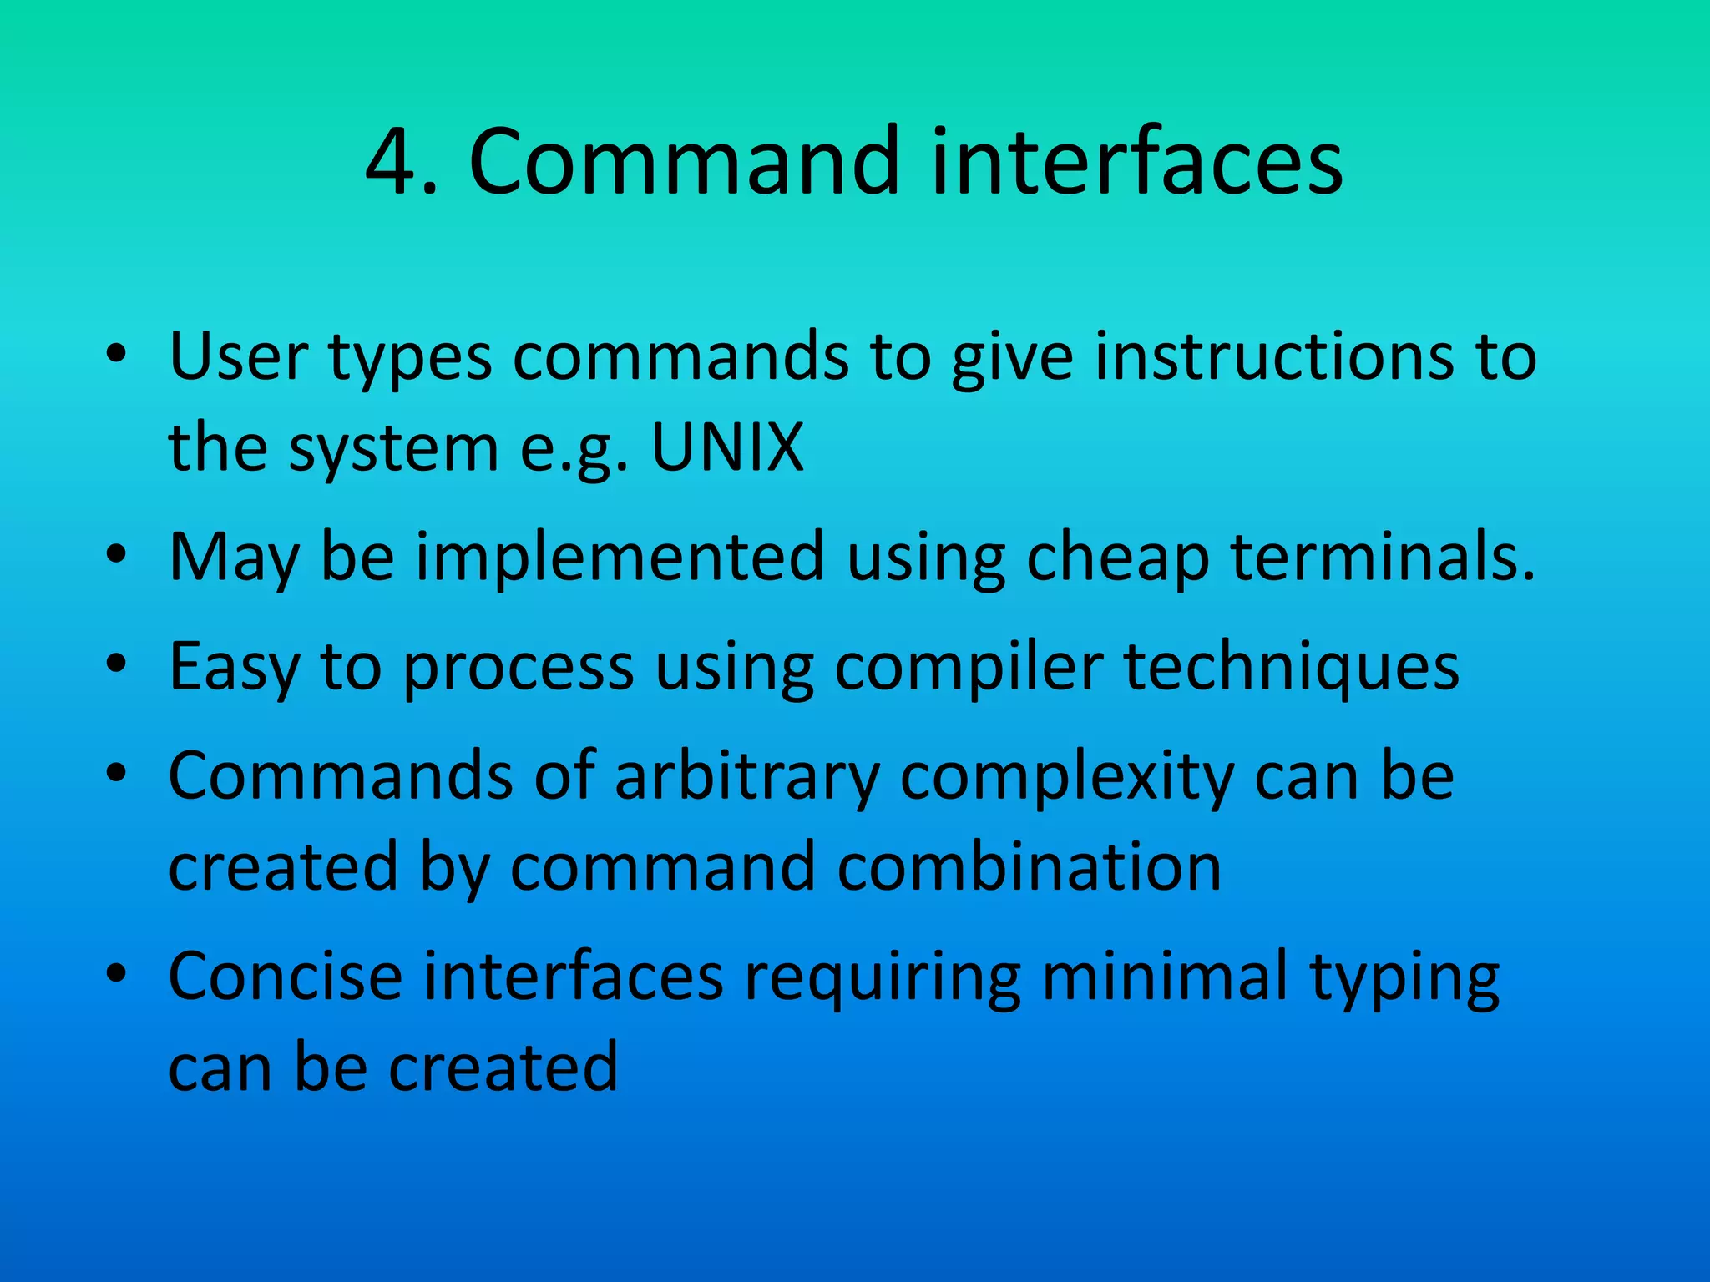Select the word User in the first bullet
(x=239, y=356)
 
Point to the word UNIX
(x=727, y=447)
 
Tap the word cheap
(x=1117, y=558)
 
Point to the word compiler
(x=969, y=668)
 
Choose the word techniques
(x=1292, y=668)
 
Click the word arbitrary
(x=747, y=777)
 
